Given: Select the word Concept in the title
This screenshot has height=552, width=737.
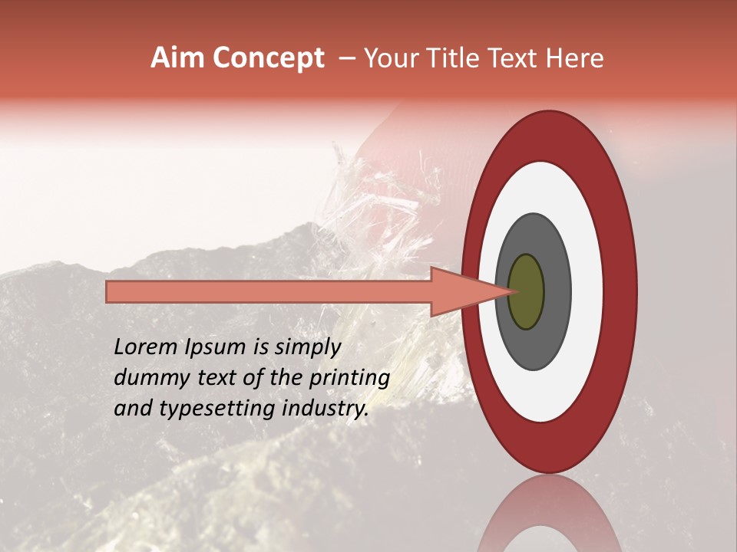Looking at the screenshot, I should (x=268, y=58).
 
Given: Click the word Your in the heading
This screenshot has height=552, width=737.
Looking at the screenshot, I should (x=391, y=58).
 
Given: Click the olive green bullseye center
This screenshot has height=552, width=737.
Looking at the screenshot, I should (x=526, y=291).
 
